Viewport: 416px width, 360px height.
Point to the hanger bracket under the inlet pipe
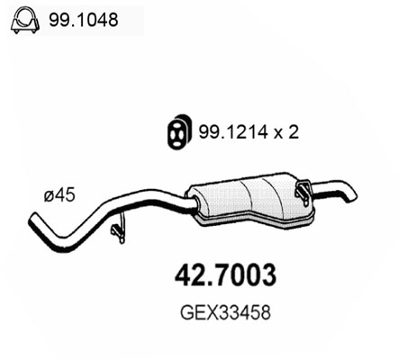tap(116, 232)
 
